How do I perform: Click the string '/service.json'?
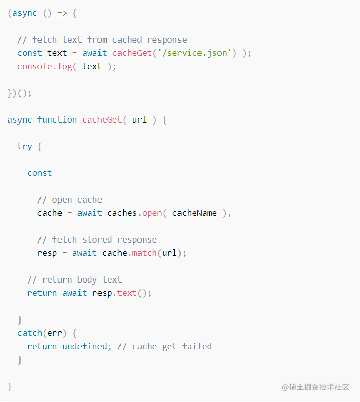click(194, 53)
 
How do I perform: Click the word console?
click(35, 67)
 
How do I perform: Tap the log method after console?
click(65, 67)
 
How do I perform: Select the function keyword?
click(57, 119)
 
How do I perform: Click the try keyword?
click(25, 147)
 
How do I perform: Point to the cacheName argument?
click(194, 213)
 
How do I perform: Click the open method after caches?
click(152, 213)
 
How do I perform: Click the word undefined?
click(85, 346)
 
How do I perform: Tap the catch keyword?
click(30, 333)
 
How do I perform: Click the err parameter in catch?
click(54, 333)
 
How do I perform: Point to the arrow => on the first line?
click(62, 13)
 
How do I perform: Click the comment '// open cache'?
click(70, 200)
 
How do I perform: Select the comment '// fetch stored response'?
click(97, 240)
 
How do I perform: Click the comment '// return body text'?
click(75, 279)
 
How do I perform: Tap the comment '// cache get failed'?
click(165, 347)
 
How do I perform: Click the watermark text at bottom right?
click(315, 387)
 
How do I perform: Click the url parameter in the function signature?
click(139, 119)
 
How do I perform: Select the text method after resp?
click(127, 293)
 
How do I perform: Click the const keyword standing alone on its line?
click(39, 173)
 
